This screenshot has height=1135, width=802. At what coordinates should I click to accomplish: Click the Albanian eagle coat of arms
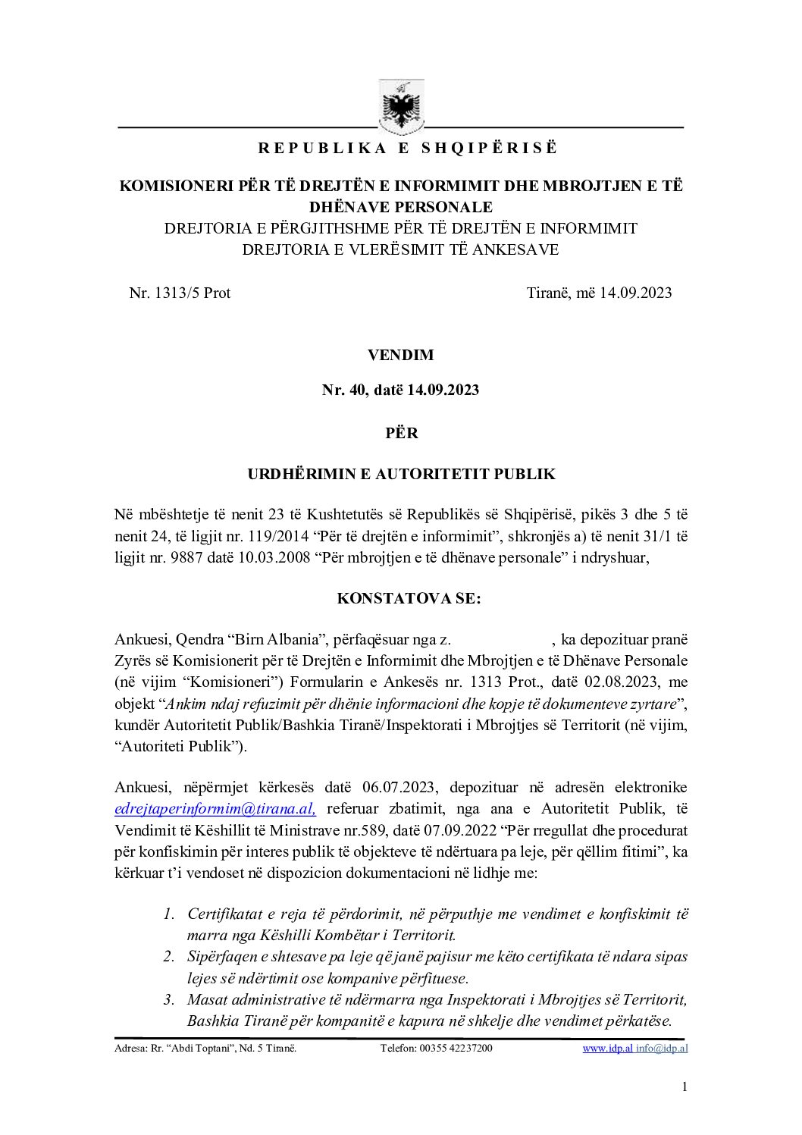401,107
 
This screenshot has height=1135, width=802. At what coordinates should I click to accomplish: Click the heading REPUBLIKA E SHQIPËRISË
407,149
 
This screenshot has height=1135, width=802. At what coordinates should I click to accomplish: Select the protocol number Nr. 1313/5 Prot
180,293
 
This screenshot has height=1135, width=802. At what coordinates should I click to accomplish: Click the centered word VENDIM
400,355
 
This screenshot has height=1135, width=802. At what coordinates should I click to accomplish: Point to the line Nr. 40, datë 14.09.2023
400,390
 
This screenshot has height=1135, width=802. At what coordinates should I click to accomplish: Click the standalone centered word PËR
401,433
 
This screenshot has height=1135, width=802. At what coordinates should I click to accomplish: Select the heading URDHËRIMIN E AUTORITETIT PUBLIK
401,475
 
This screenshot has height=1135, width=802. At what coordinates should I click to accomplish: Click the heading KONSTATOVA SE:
409,598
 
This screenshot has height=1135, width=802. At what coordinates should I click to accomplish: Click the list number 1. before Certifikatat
169,914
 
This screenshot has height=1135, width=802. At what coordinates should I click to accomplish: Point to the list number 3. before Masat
169,999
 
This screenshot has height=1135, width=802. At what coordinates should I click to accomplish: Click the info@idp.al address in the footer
662,1049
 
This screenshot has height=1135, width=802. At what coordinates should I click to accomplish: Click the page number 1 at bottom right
685,1087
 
